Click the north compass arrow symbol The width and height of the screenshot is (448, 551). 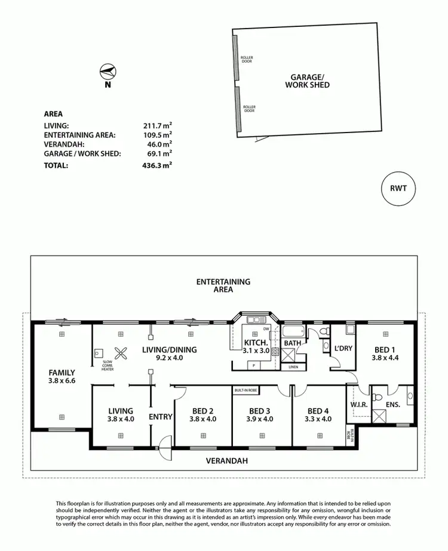106,71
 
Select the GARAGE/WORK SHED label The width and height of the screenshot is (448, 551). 310,81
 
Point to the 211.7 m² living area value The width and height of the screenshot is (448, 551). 158,125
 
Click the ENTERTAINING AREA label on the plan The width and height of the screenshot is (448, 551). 224,285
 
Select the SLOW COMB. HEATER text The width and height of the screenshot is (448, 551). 108,366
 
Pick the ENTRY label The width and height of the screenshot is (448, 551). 161,417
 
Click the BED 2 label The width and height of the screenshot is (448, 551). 203,411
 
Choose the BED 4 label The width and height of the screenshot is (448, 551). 318,411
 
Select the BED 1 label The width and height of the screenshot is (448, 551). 384,349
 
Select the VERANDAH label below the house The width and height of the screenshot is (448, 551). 228,461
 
